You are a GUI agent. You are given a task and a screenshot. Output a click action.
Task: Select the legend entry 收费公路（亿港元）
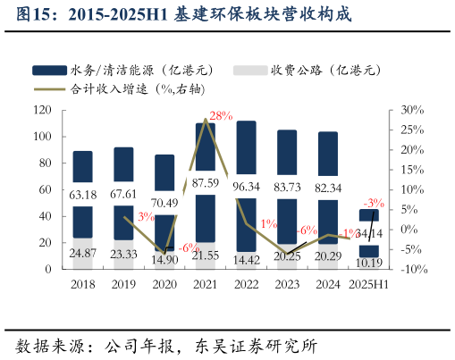coord(304,70)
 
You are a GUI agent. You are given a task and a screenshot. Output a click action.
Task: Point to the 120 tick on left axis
coord(40,110)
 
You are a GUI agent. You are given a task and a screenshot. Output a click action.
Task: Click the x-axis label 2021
coord(206,284)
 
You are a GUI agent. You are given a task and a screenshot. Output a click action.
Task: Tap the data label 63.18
coord(83,195)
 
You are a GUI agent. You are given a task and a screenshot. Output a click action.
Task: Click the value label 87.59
coord(206,184)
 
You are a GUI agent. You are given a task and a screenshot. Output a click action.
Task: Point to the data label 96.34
coord(247,188)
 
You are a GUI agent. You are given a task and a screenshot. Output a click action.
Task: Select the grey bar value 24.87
coord(83,255)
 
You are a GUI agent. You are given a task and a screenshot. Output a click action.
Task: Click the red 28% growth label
coord(220,116)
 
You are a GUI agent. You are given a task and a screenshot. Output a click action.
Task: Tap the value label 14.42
coord(247,259)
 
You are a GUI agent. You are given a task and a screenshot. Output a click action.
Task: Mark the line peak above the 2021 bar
coord(206,118)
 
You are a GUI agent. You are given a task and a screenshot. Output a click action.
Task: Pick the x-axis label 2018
coord(83,284)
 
